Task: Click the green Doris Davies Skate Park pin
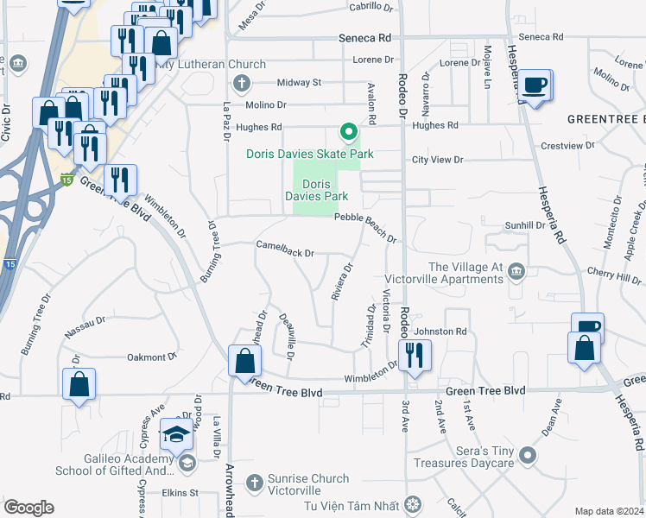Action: [x=349, y=132]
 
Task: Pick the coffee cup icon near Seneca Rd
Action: [x=536, y=85]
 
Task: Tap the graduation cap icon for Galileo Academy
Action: [x=176, y=434]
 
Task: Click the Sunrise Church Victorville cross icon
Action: [x=254, y=481]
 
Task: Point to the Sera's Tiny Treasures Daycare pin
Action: [x=528, y=454]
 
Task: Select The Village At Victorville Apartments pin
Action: [x=516, y=273]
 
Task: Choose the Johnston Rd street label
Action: [x=440, y=332]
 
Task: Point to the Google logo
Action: [x=28, y=508]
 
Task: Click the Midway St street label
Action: [x=299, y=83]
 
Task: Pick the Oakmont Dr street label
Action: [x=151, y=357]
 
